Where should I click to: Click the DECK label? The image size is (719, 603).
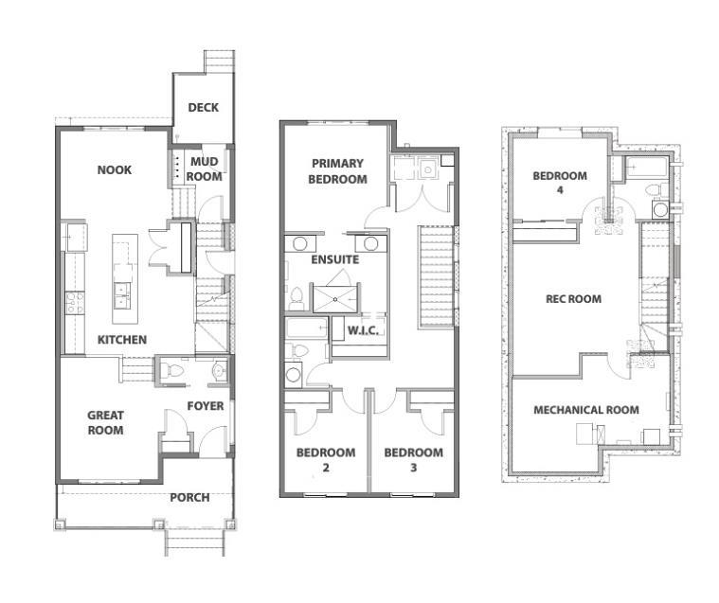203,107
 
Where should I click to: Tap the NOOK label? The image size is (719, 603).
115,170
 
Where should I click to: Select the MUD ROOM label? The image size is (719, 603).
205,168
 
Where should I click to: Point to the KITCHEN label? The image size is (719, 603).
122,339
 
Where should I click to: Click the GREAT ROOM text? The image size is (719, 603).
106,422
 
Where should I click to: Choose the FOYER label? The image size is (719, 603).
206,406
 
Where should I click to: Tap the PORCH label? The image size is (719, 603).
189,497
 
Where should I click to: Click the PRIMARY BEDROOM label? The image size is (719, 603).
338,170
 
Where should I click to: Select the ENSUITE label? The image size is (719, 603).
335,258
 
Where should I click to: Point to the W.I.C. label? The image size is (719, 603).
363,330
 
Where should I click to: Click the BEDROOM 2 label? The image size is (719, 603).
326,459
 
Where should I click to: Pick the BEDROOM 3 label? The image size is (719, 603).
413,459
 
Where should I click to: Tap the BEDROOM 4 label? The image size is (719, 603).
559,182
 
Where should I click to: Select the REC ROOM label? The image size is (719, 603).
573,299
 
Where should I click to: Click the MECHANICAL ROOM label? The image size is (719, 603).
585,410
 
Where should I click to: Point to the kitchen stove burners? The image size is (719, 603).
74,302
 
